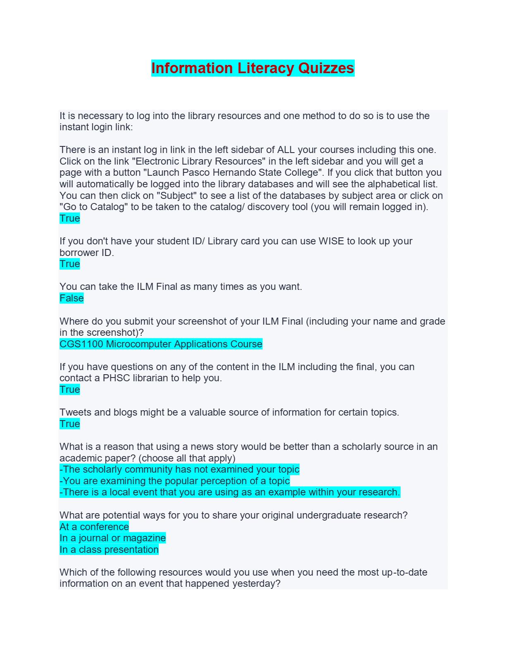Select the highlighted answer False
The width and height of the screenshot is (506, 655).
[x=72, y=298]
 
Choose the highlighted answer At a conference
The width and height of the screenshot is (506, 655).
[x=94, y=527]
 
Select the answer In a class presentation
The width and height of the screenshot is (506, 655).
[x=109, y=550]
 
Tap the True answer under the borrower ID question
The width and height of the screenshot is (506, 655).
[x=69, y=264]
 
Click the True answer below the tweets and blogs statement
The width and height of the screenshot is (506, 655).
[x=69, y=424]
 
